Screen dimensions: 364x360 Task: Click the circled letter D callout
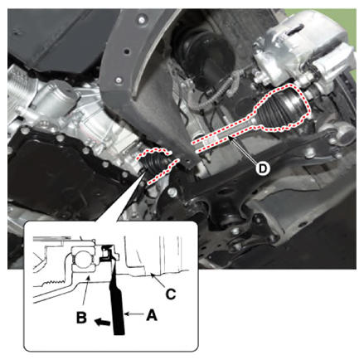(x=262, y=168)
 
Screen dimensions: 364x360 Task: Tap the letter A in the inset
(x=152, y=314)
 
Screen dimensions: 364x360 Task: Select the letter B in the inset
(x=81, y=318)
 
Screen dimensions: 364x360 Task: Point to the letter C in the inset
(x=171, y=294)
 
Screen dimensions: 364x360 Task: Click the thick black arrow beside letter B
(x=102, y=322)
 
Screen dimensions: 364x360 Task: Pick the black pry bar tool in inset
(x=117, y=299)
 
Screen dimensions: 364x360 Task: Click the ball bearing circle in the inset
(x=82, y=260)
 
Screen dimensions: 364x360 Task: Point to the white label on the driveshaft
(x=210, y=142)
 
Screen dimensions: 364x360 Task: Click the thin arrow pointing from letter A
(x=134, y=314)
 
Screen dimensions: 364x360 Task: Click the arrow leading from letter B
(x=85, y=293)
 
